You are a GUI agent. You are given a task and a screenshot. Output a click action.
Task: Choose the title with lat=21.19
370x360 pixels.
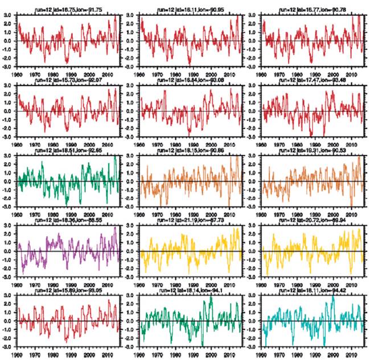coord(190,220)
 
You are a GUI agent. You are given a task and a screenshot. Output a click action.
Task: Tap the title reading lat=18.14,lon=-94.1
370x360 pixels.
coord(190,289)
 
